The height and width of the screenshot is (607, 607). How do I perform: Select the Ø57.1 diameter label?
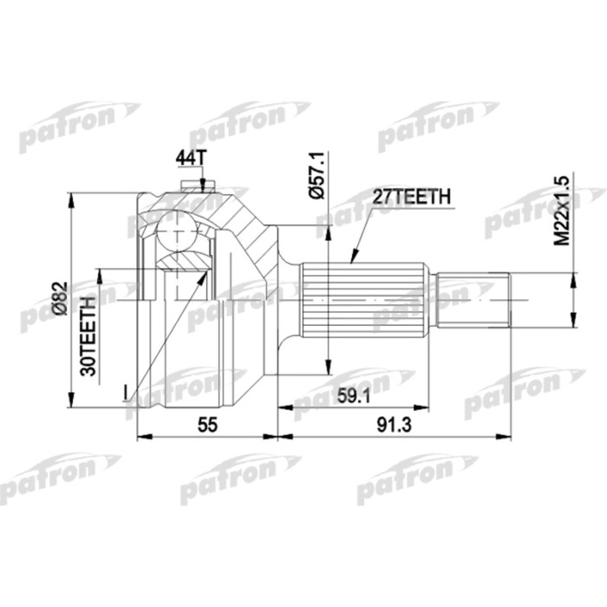(x=316, y=177)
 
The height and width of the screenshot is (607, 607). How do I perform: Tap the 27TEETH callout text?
(x=410, y=198)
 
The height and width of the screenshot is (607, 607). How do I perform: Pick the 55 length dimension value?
(x=206, y=425)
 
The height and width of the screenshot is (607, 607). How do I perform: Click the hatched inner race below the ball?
(x=185, y=260)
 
